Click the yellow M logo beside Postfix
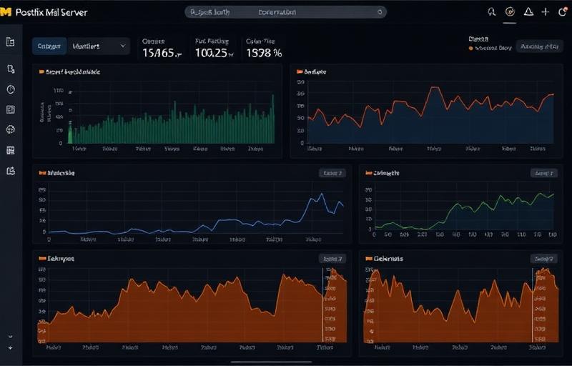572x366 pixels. [x=7, y=12]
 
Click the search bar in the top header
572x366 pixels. [x=286, y=12]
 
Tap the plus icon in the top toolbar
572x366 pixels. [x=546, y=12]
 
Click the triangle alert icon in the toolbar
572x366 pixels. [x=528, y=12]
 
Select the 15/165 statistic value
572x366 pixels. [x=162, y=53]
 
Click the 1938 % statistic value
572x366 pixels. [x=264, y=53]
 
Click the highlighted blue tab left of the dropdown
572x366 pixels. [x=49, y=46]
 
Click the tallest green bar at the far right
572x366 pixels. [x=272, y=118]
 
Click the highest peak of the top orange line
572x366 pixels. [x=434, y=89]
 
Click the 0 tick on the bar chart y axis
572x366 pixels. [x=61, y=143]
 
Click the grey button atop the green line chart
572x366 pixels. [x=543, y=173]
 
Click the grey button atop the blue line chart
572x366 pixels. [x=332, y=173]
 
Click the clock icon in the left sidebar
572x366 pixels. [x=11, y=89]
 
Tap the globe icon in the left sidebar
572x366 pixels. [x=11, y=129]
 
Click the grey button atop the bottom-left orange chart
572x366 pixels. [x=332, y=259]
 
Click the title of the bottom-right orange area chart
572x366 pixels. [x=388, y=259]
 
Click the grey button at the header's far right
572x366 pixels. [x=540, y=47]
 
